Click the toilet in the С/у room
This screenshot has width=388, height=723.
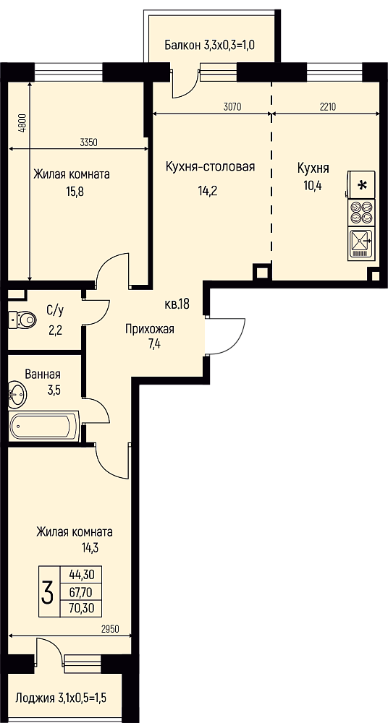tap(22, 319)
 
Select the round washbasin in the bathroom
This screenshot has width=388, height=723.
tap(17, 393)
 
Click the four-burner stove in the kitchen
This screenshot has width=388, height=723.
tap(361, 213)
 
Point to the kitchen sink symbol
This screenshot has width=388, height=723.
tap(361, 243)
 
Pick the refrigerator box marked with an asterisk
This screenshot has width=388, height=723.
tap(361, 185)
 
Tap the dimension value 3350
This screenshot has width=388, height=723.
tap(88, 142)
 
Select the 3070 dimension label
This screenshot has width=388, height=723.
tap(232, 108)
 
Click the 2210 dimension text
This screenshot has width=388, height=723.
tap(327, 108)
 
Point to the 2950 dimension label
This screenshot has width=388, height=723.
tap(110, 629)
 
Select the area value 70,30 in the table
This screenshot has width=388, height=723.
tap(82, 608)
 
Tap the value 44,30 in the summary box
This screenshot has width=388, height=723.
tap(82, 575)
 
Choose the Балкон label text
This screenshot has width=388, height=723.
tap(182, 45)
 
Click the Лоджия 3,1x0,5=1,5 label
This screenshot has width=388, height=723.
tap(61, 697)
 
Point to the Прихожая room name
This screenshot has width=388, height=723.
tap(150, 329)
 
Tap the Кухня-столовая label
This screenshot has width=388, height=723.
tap(210, 166)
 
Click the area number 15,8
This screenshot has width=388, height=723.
tap(75, 191)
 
